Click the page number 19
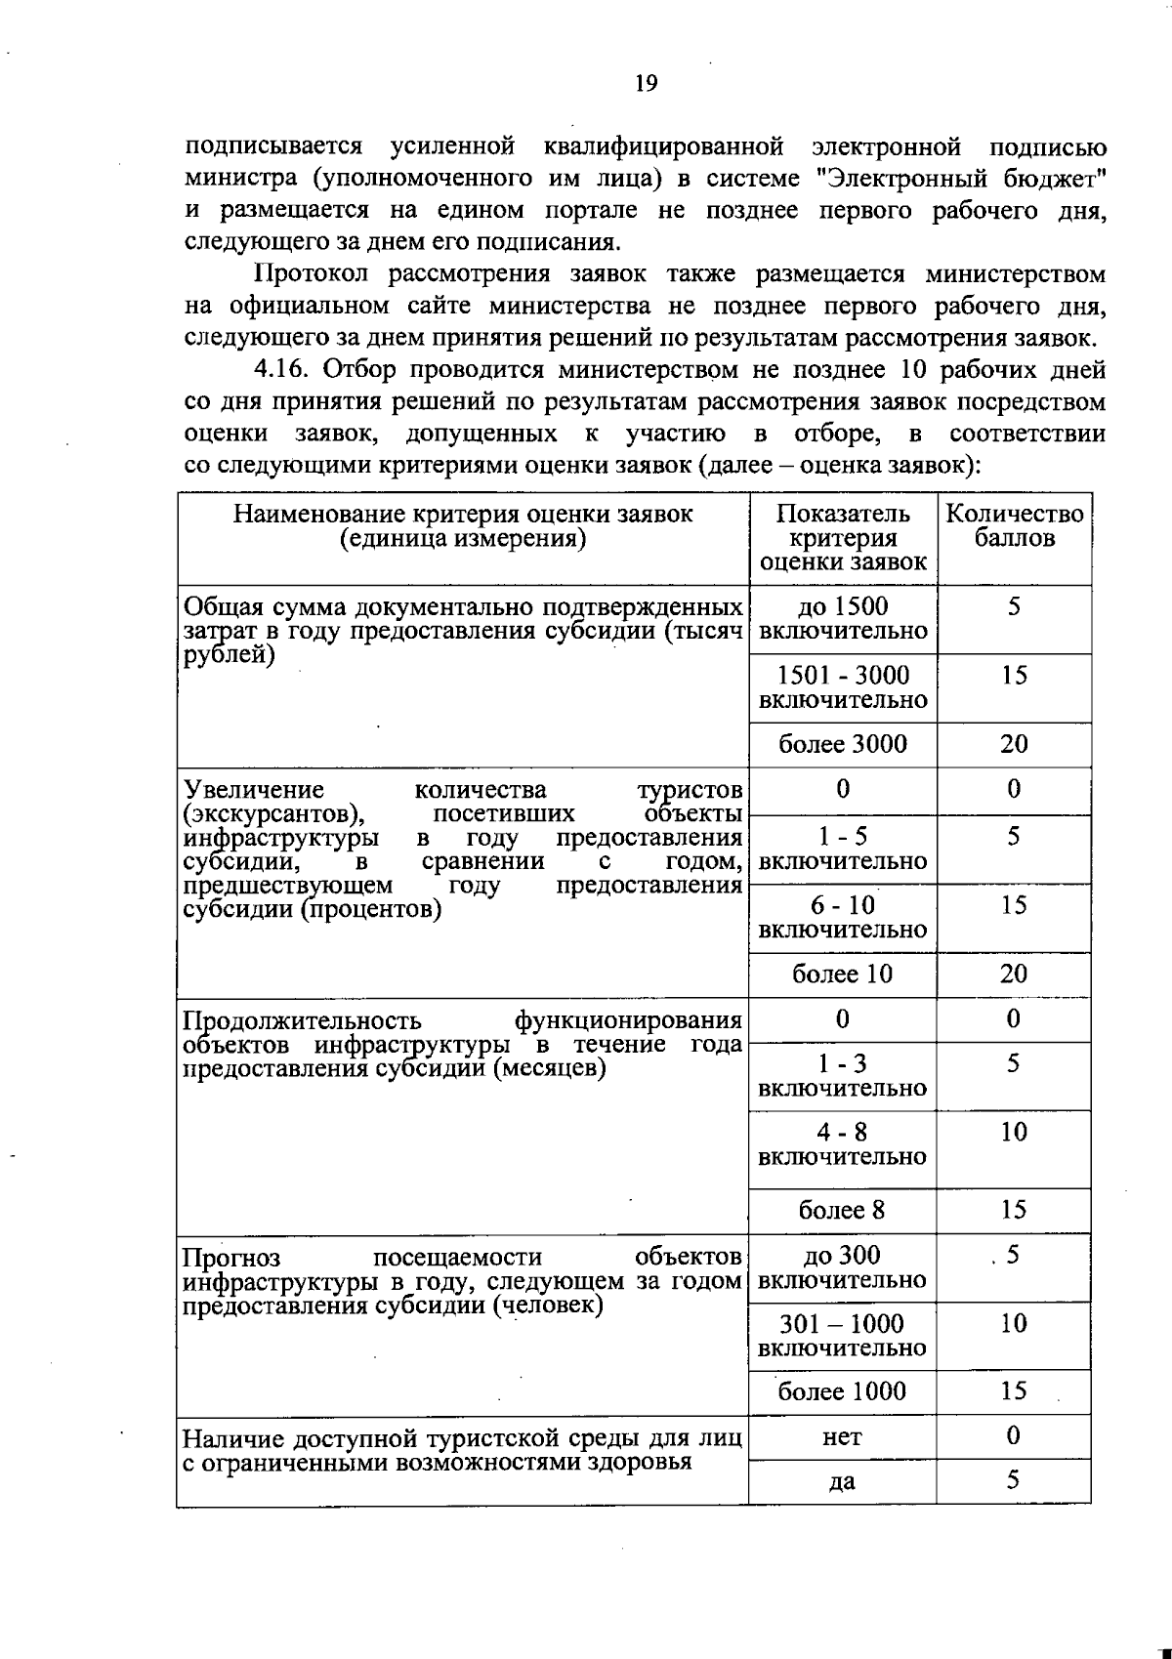(646, 83)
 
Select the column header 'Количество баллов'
(1014, 526)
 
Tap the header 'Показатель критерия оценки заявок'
(843, 538)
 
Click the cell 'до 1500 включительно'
(843, 619)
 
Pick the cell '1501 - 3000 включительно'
(843, 687)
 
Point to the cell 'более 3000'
(843, 745)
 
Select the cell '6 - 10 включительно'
(843, 918)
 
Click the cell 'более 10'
(843, 975)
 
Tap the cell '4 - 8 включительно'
(843, 1144)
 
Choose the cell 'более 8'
(843, 1211)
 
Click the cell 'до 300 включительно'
(843, 1267)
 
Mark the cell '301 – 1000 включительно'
(843, 1336)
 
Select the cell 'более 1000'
(843, 1391)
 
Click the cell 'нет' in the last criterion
(843, 1437)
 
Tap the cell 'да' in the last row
(843, 1482)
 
